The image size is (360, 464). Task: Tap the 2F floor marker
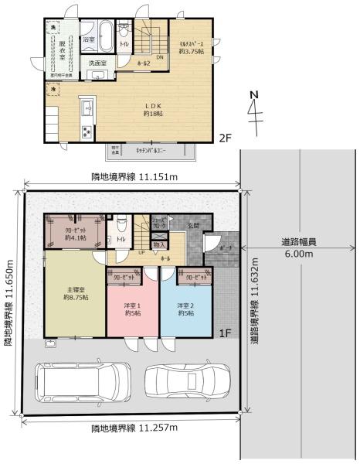pyautogui.click(x=223, y=138)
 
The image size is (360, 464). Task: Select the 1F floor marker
pyautogui.click(x=225, y=333)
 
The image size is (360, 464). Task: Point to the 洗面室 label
pyautogui.click(x=97, y=63)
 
